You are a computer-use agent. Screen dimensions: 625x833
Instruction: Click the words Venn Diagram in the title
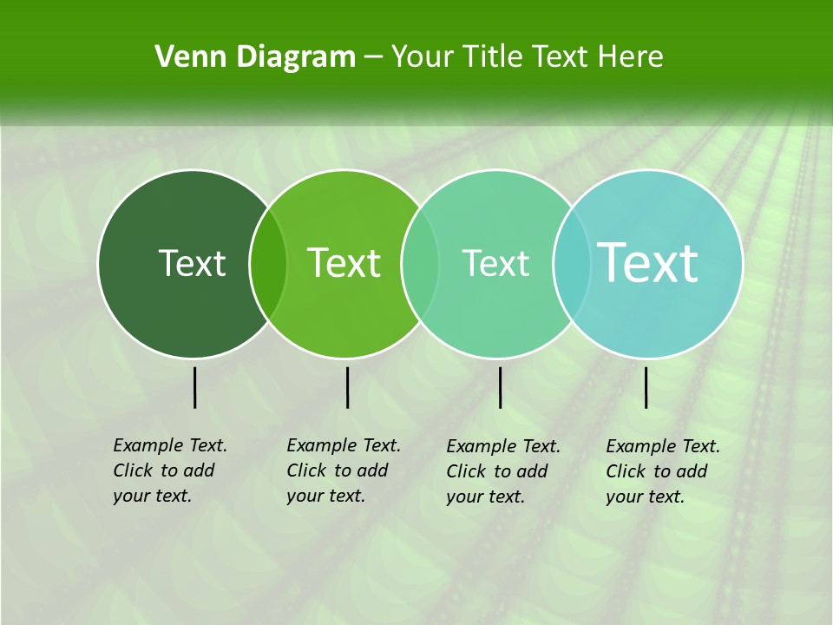pos(255,57)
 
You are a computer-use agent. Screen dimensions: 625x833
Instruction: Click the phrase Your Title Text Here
pos(527,57)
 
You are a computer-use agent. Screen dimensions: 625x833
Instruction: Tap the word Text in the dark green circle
pos(192,263)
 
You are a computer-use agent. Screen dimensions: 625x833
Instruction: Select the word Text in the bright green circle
pos(344,263)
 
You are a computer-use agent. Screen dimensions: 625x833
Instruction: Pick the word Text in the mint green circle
pos(495,263)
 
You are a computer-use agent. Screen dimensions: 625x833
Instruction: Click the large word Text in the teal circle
pos(648,262)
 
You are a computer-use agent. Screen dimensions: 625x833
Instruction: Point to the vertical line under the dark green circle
pos(195,387)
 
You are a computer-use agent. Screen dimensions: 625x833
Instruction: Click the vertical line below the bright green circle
pos(347,387)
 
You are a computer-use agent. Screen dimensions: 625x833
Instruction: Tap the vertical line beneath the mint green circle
pos(500,387)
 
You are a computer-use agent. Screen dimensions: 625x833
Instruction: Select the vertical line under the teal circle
pos(646,387)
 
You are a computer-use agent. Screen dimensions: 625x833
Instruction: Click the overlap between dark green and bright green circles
pos(268,263)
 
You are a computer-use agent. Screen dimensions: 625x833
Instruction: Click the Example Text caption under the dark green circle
pos(170,470)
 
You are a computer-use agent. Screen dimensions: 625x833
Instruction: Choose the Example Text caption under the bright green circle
pos(344,470)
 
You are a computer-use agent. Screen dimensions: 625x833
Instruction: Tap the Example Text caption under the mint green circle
pos(503,471)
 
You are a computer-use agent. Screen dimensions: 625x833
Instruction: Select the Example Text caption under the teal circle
pos(663,471)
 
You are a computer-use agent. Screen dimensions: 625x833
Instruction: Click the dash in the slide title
pos(373,57)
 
